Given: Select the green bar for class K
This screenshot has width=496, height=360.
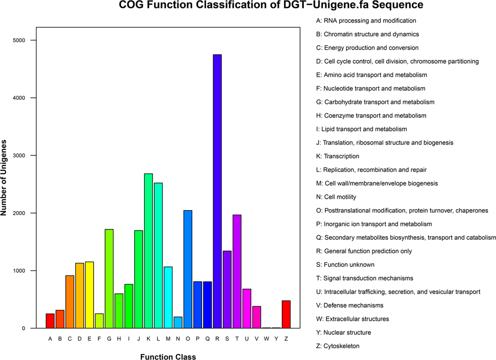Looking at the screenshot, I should point(148,251).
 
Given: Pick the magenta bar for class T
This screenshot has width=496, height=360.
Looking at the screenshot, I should point(237,271).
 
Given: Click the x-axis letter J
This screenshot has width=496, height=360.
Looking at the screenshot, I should point(138,338).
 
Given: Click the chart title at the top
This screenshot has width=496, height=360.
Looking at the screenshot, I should point(270,7).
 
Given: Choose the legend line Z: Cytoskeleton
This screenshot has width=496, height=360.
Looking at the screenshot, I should point(338,346).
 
